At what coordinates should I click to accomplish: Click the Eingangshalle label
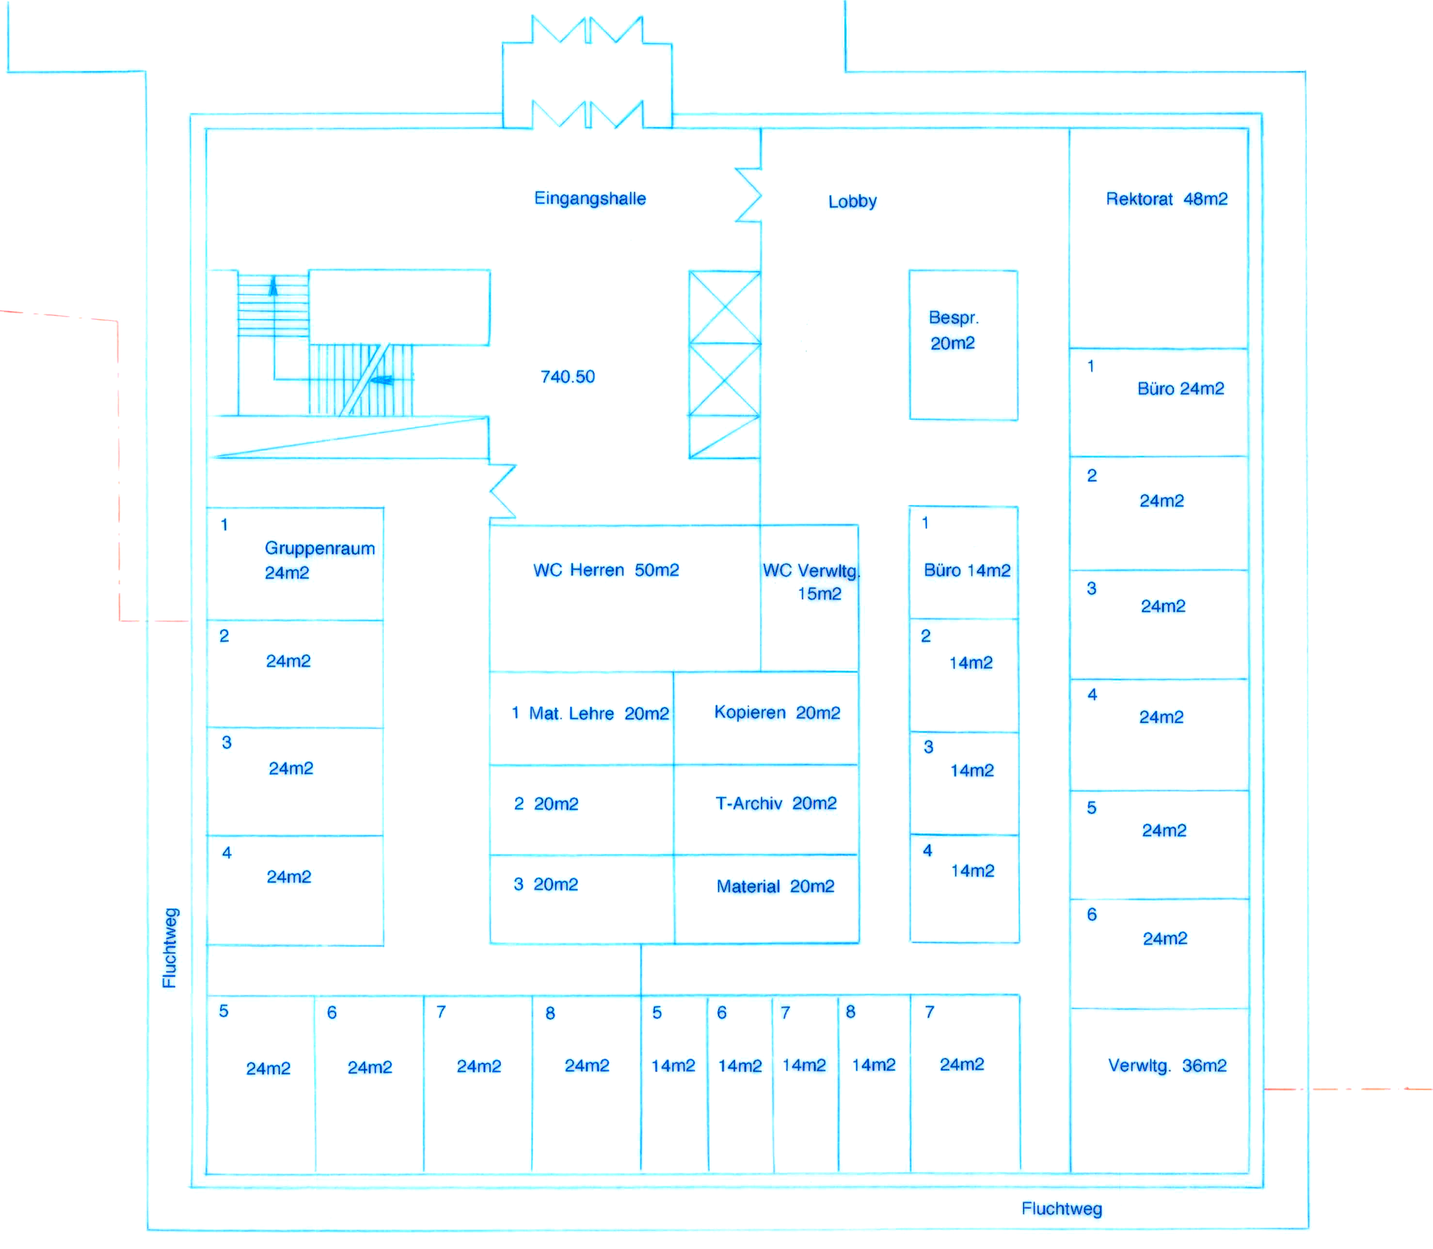pyautogui.click(x=589, y=199)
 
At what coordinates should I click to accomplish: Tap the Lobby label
pyautogui.click(x=852, y=201)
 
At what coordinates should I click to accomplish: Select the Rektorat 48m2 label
pyautogui.click(x=1166, y=199)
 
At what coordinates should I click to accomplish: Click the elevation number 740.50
pyautogui.click(x=567, y=377)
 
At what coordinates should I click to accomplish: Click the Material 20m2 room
pyautogui.click(x=775, y=887)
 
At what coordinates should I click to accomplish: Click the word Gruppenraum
pyautogui.click(x=319, y=549)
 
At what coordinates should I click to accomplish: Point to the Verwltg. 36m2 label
pyautogui.click(x=1167, y=1066)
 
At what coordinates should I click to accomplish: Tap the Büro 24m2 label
pyautogui.click(x=1180, y=389)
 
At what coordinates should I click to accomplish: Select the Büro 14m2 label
pyautogui.click(x=967, y=571)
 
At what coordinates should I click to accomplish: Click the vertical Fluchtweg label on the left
pyautogui.click(x=170, y=948)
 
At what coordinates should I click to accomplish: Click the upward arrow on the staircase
pyautogui.click(x=273, y=286)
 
